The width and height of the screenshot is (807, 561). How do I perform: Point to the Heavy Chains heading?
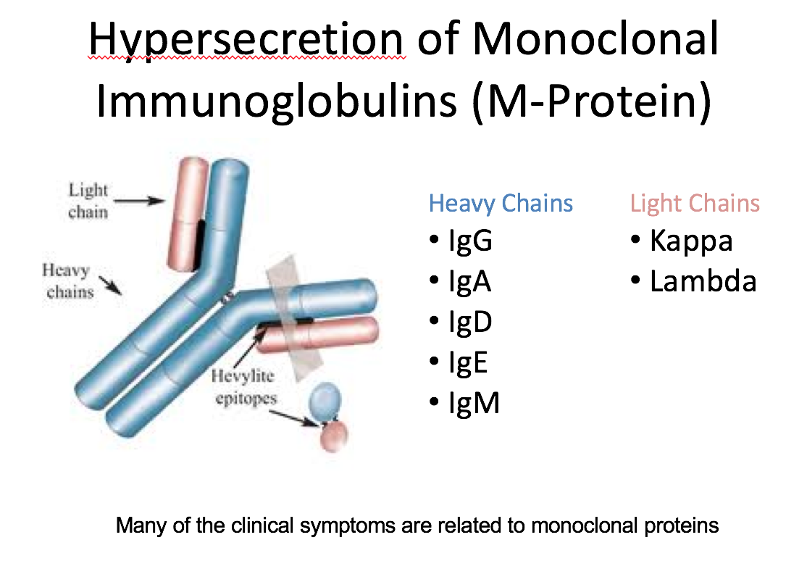pos(501,204)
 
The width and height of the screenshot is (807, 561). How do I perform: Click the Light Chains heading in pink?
pos(695,204)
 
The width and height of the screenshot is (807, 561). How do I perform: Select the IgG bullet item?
pos(469,241)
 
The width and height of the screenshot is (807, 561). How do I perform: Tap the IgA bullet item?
pos(469,281)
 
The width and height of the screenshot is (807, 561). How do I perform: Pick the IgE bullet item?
pos(468,362)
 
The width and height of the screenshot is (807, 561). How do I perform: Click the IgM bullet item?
pos(473,402)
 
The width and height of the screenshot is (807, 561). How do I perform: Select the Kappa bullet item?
pos(690,241)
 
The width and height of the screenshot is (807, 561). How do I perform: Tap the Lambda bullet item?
pos(703,281)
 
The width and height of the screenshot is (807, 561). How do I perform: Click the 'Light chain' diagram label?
pos(88,201)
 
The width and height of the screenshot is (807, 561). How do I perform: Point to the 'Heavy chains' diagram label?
pos(70,281)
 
